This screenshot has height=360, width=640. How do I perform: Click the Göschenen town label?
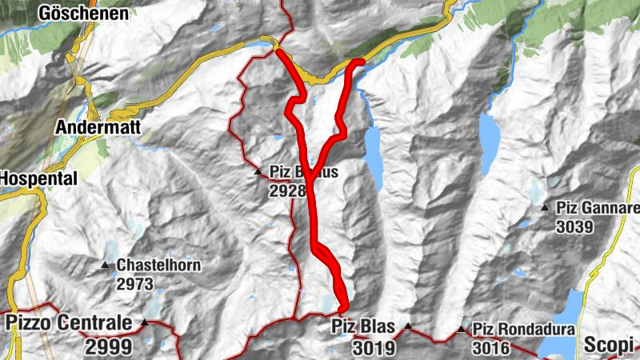pos(83,14)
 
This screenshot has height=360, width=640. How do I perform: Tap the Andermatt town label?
pos(94,126)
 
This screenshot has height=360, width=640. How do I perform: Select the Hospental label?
pos(38,178)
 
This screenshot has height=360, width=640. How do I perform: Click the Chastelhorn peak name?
pos(158,265)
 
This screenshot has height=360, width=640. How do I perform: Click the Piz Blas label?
pos(363,326)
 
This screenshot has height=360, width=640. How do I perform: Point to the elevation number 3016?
pos(491,347)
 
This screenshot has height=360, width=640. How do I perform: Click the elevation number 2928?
pos(287,190)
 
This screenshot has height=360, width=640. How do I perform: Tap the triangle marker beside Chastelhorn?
pos(105,266)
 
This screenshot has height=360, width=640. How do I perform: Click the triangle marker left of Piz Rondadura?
pos(461,329)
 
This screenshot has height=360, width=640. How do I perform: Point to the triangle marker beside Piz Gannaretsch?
pos(545,209)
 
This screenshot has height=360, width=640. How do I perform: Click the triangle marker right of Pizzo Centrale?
pos(145,323)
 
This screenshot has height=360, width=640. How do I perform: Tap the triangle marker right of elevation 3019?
pos(408,326)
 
